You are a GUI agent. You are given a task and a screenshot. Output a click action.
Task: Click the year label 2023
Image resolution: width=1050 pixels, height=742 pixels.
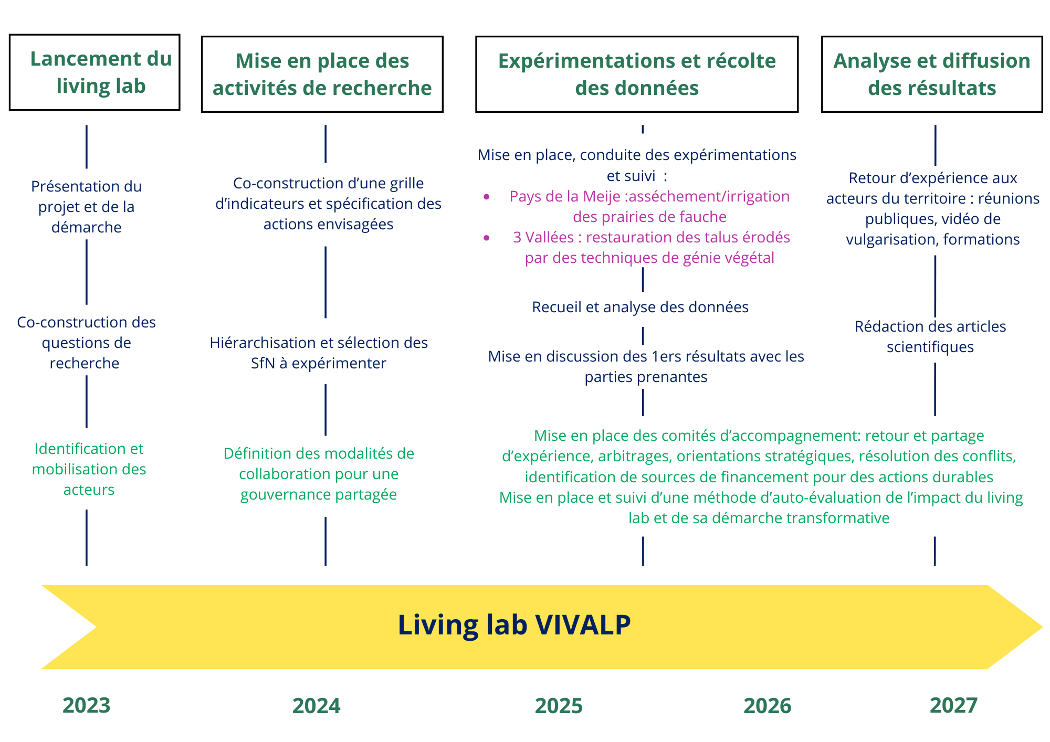pyautogui.click(x=86, y=705)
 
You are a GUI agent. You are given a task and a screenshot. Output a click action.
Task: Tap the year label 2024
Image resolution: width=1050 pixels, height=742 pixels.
pyautogui.click(x=316, y=706)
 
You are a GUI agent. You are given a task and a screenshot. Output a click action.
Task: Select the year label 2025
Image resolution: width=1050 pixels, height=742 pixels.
pyautogui.click(x=559, y=706)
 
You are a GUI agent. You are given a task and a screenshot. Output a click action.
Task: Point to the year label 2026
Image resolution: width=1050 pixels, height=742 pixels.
pyautogui.click(x=767, y=706)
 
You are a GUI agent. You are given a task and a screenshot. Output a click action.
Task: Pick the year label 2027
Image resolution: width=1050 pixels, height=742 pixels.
pyautogui.click(x=953, y=705)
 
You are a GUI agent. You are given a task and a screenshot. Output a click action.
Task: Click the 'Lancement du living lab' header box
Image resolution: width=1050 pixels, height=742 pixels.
pyautogui.click(x=94, y=72)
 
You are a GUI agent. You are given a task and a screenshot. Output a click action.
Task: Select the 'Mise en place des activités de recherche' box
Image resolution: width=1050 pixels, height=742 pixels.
pyautogui.click(x=322, y=74)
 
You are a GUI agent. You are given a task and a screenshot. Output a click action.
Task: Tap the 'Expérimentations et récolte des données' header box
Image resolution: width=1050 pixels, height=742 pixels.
pyautogui.click(x=637, y=74)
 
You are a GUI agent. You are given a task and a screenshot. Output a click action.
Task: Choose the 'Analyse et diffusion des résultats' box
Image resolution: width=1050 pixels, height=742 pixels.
pyautogui.click(x=932, y=74)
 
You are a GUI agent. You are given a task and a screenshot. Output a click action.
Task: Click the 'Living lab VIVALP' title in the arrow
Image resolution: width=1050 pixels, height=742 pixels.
pyautogui.click(x=514, y=625)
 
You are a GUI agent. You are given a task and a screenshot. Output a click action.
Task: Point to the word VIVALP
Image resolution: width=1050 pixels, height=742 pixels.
pyautogui.click(x=583, y=625)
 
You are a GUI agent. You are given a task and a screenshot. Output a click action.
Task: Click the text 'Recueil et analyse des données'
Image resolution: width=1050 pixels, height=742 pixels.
pyautogui.click(x=640, y=307)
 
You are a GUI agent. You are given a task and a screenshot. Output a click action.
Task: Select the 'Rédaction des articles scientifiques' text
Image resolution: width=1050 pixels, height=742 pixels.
pyautogui.click(x=930, y=336)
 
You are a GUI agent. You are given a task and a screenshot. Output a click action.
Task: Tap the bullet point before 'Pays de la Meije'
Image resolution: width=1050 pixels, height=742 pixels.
pyautogui.click(x=487, y=197)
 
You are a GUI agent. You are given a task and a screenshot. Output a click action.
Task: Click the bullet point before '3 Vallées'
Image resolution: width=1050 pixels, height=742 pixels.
pyautogui.click(x=487, y=238)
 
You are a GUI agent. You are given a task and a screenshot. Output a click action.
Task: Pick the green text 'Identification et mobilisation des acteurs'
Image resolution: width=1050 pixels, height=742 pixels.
pyautogui.click(x=89, y=469)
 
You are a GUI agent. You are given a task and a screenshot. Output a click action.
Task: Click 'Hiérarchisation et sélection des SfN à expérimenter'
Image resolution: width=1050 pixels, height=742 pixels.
pyautogui.click(x=319, y=353)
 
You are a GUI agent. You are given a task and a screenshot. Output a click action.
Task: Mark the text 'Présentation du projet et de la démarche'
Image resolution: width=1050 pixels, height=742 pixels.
pyautogui.click(x=86, y=207)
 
